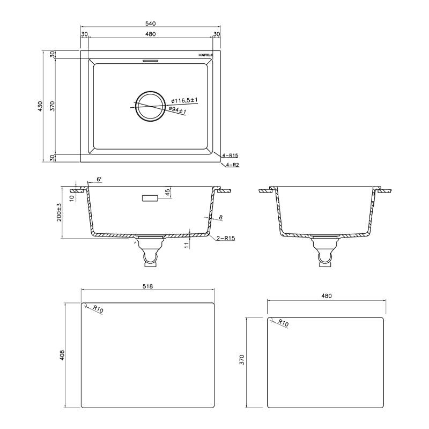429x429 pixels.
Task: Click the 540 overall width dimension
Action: point(151,24)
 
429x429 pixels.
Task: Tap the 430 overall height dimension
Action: point(41,106)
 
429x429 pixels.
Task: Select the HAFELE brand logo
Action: point(205,55)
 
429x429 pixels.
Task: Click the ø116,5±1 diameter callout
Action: point(184,100)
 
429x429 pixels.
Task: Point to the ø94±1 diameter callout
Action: point(177,110)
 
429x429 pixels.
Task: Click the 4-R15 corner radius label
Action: point(230,156)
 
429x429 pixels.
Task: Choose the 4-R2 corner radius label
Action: point(232,165)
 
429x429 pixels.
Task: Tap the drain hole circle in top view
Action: point(151,106)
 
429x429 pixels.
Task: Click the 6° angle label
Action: point(99,180)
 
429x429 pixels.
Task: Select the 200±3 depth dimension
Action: point(59,212)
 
